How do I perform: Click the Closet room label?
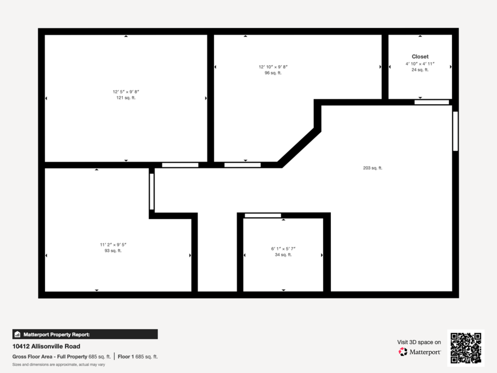(x=420, y=56)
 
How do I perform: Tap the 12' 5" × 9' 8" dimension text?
(x=126, y=92)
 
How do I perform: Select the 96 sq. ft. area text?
(x=273, y=73)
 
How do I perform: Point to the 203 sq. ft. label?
(x=373, y=168)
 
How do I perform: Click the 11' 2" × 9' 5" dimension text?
(x=113, y=245)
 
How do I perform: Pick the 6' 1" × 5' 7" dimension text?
(x=283, y=249)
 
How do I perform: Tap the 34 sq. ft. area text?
(x=283, y=255)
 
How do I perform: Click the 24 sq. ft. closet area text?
(x=420, y=70)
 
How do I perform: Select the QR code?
(x=466, y=348)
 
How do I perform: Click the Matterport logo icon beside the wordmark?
(x=403, y=352)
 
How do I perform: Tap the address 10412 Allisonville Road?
(x=46, y=347)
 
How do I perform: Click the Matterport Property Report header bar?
(x=85, y=334)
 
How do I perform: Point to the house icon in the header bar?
(x=18, y=334)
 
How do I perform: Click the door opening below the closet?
(x=432, y=102)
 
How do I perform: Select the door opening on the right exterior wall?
(x=455, y=131)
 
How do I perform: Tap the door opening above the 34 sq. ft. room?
(x=263, y=216)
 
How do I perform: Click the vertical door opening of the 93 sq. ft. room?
(x=152, y=192)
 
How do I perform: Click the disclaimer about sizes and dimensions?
(x=59, y=365)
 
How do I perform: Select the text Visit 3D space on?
(x=419, y=342)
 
